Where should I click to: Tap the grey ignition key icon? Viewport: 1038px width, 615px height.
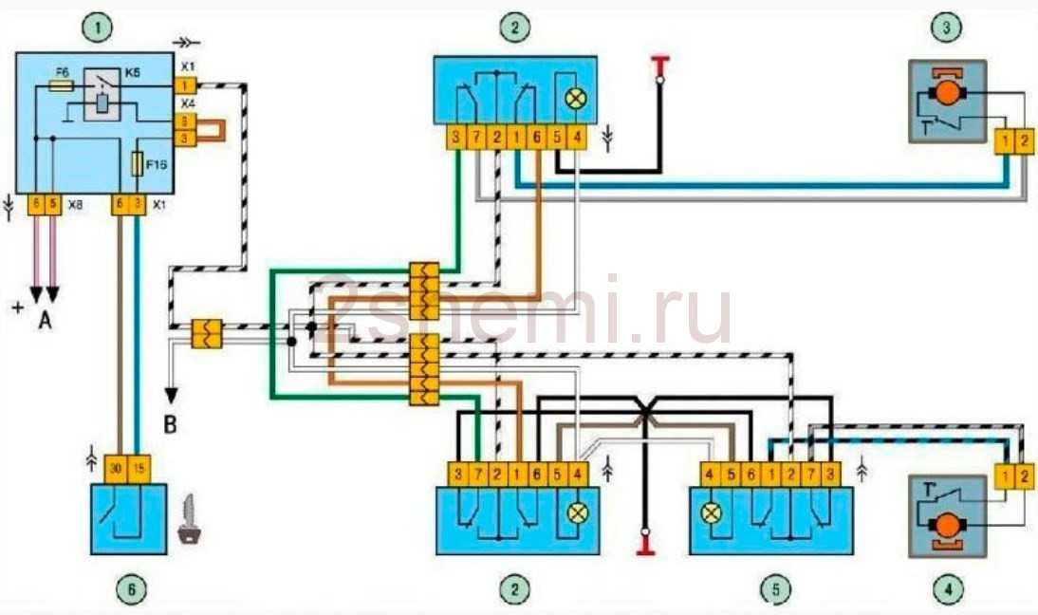pyautogui.click(x=191, y=521)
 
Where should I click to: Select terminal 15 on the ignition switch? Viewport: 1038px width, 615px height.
pyautogui.click(x=138, y=469)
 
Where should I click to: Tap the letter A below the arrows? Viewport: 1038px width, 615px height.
pyautogui.click(x=45, y=322)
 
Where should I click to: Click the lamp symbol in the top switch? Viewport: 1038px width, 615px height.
pyautogui.click(x=574, y=98)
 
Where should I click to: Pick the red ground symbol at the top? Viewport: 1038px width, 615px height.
pyautogui.click(x=659, y=65)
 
